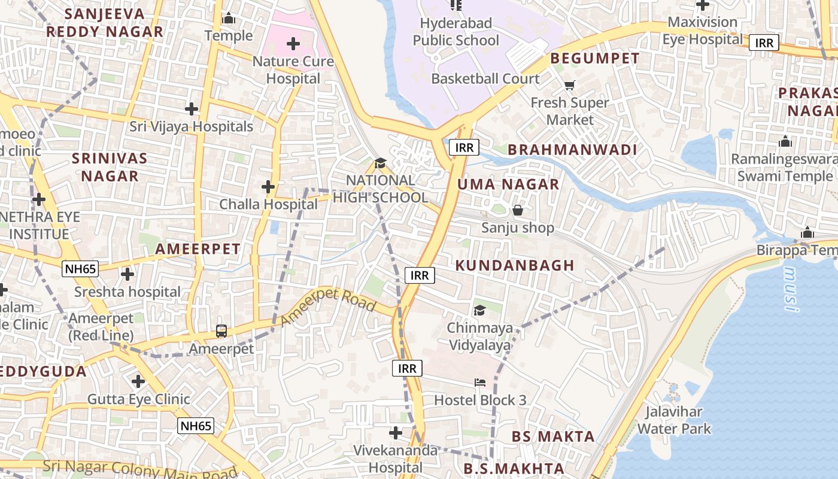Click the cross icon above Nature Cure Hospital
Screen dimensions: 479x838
[x=293, y=44]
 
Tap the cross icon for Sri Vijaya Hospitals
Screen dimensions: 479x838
[x=192, y=109]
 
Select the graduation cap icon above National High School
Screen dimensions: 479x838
[x=380, y=163]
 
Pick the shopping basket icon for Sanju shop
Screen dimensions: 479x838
[x=518, y=210]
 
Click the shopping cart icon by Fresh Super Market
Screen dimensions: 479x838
[x=569, y=86]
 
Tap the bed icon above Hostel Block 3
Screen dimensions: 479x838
[x=480, y=382]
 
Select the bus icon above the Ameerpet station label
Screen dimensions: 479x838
[x=221, y=331]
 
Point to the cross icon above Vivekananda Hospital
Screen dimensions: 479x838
[x=395, y=432]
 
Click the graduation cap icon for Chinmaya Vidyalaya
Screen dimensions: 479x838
[x=479, y=310]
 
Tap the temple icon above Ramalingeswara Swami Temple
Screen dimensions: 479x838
[x=785, y=142]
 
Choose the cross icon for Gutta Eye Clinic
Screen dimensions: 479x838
[x=138, y=381]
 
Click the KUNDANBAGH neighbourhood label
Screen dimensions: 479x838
[x=515, y=265]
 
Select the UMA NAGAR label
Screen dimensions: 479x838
[x=508, y=184]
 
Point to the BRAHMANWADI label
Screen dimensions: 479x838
[x=572, y=150]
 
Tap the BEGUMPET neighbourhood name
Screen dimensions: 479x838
[x=595, y=59]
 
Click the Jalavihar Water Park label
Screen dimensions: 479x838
[x=674, y=420]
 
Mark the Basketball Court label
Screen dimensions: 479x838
[x=485, y=78]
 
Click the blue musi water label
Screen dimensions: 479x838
[x=791, y=289]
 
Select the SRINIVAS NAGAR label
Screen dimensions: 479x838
[x=110, y=167]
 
